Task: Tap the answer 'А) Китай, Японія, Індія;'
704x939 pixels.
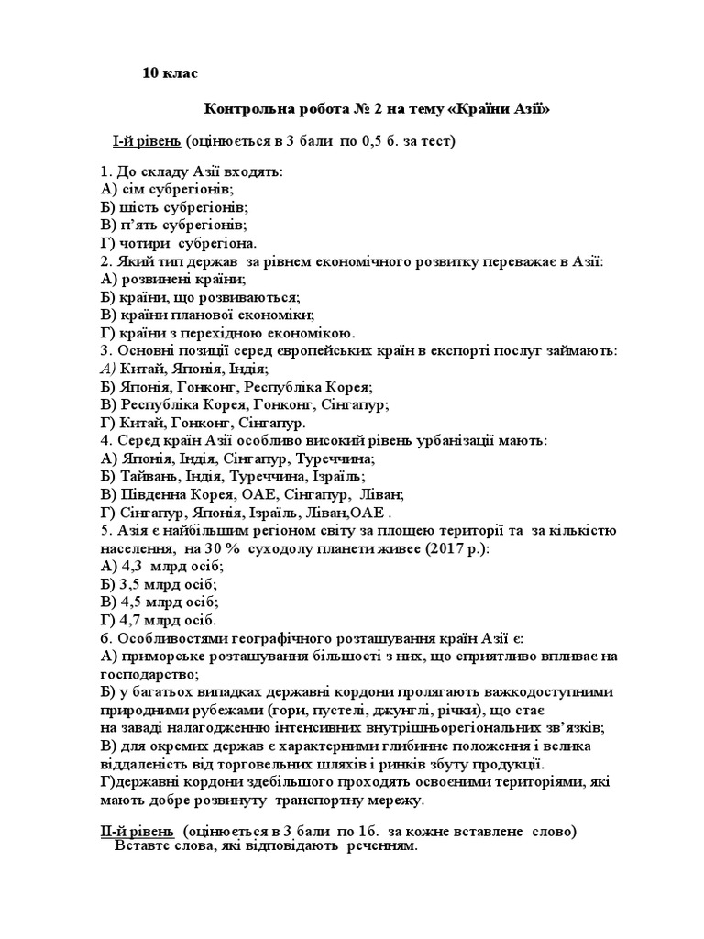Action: point(183,369)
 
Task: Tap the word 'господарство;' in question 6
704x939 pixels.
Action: point(148,674)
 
